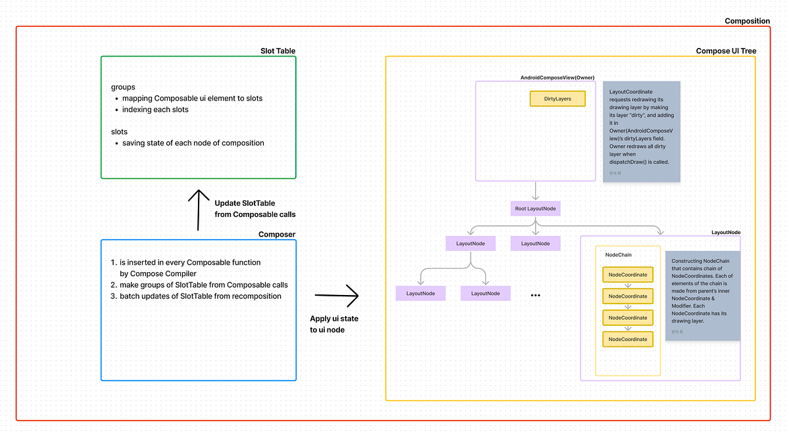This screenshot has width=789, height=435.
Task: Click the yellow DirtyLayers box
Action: [558, 99]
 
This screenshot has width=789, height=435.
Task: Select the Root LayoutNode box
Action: [537, 209]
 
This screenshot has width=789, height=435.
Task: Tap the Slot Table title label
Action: [278, 51]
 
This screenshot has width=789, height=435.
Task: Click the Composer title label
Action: [277, 235]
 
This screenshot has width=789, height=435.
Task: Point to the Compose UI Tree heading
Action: [726, 51]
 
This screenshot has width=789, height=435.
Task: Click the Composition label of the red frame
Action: [747, 21]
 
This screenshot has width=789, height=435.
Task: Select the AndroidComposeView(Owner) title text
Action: [558, 78]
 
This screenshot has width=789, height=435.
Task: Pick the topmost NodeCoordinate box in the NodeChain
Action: [628, 275]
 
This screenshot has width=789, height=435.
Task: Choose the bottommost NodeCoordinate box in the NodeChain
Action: [628, 340]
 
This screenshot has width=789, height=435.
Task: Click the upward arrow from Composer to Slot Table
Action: [198, 210]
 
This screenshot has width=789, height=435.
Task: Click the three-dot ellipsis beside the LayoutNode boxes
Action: [535, 296]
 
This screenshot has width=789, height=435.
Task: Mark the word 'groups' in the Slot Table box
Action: [123, 87]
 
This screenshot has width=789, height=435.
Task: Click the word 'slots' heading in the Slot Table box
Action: [119, 131]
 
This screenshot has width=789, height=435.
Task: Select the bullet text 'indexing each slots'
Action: [155, 109]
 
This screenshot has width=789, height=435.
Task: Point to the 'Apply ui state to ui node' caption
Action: [334, 324]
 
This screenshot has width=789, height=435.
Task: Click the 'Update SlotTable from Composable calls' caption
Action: [255, 208]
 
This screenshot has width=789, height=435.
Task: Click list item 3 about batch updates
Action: [200, 296]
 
